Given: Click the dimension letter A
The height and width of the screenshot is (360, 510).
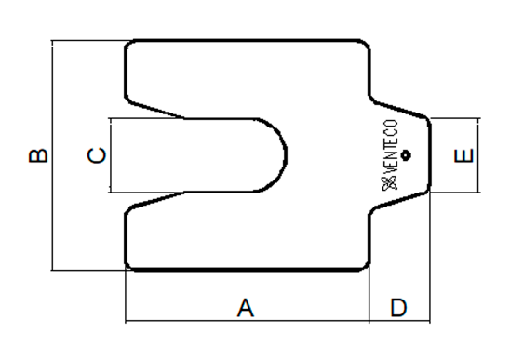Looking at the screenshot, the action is click(x=246, y=308).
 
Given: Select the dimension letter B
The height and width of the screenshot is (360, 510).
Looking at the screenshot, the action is click(x=38, y=155).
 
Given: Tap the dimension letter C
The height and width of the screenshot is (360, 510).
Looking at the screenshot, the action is click(x=97, y=155).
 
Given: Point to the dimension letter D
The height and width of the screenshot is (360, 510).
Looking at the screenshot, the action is click(x=398, y=308).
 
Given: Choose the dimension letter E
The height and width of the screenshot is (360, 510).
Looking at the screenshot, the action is click(x=463, y=155).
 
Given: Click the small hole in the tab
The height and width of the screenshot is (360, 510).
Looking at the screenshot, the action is click(x=405, y=155).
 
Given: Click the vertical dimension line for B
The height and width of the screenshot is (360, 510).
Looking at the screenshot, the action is click(x=53, y=155).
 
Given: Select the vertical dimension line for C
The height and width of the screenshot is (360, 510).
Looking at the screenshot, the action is click(x=111, y=155).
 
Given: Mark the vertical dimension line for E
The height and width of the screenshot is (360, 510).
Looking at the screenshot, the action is click(x=478, y=155).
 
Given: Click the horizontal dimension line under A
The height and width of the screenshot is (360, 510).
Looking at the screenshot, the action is click(x=248, y=321).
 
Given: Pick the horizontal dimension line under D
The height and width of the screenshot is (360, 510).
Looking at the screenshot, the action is click(x=400, y=321).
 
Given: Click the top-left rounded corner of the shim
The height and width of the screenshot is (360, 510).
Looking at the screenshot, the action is click(x=128, y=44).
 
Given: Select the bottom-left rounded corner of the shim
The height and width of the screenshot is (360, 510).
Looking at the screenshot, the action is click(x=128, y=267).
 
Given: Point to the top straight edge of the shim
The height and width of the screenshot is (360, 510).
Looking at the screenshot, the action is click(x=248, y=41).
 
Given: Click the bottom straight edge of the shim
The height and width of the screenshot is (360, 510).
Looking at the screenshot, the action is click(x=248, y=269).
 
